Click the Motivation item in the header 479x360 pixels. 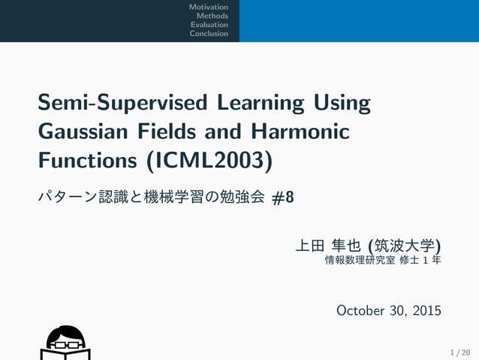(209, 8)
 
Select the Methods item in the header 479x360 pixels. (212, 16)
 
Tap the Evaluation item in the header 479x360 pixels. (209, 25)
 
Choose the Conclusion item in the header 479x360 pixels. (209, 34)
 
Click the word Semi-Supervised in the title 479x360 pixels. (124, 103)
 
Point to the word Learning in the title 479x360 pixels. (261, 103)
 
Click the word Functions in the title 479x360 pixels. (89, 161)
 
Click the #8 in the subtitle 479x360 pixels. (283, 198)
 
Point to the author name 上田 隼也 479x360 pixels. (329, 246)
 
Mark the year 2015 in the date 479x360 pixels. (426, 310)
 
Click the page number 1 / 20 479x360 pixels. (460, 352)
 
